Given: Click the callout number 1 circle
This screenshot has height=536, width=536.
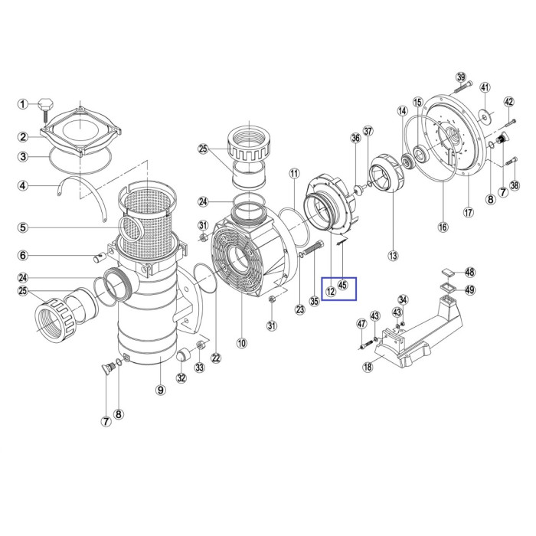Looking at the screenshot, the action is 23,104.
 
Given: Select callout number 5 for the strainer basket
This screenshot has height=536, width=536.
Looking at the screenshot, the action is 23,227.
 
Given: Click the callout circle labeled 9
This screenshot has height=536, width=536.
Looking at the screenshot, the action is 160,390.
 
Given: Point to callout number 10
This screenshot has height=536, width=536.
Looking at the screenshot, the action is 242,343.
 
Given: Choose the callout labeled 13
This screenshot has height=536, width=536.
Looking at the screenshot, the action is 393,255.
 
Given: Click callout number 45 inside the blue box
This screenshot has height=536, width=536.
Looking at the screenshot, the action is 342,284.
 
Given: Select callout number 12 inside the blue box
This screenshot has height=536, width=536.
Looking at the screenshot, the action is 331,292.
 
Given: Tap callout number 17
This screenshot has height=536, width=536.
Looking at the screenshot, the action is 469,212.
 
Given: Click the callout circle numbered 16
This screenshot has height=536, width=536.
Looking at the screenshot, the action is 443,227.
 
